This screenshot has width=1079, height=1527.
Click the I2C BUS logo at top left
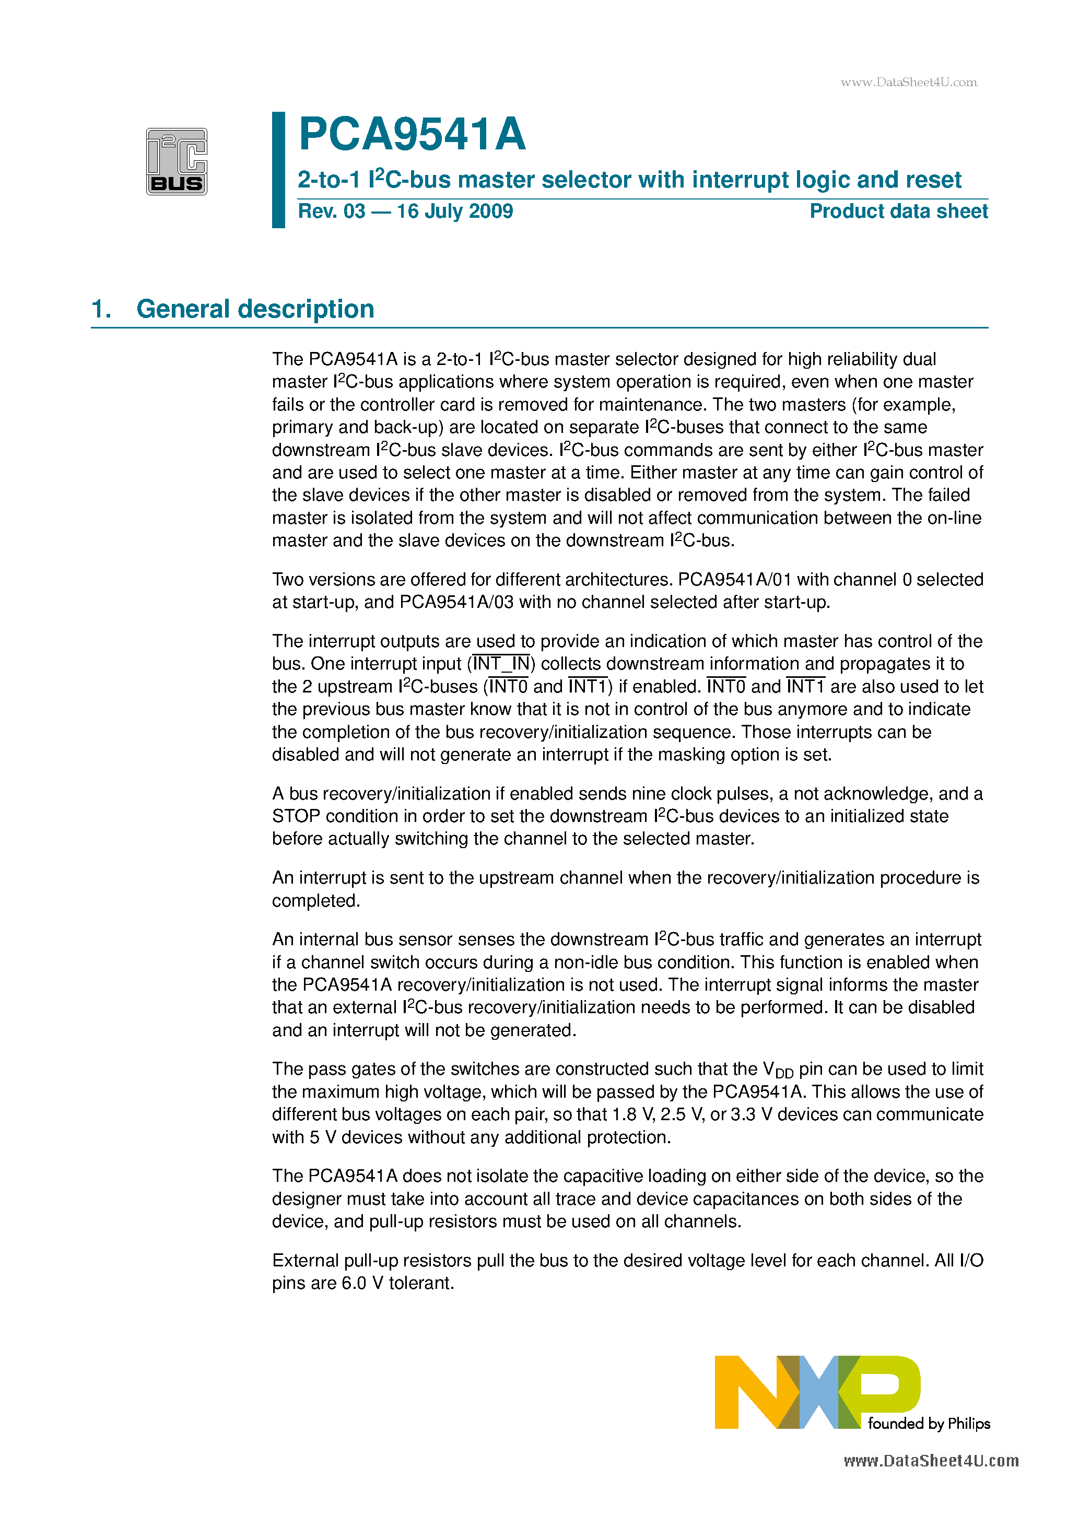pos(177,161)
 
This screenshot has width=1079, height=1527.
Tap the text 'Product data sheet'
pos(898,212)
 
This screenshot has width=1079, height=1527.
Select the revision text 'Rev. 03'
pos(331,212)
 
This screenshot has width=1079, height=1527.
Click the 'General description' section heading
pos(255,309)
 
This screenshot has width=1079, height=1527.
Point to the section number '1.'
pos(101,309)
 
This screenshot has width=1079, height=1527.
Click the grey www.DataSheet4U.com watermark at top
pos(908,83)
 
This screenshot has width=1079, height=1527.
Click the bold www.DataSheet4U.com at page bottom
pos(931,1461)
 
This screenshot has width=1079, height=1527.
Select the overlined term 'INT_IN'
pos(501,664)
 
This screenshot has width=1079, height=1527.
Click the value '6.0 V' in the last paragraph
pos(362,1284)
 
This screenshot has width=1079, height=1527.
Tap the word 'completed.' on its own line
pos(316,901)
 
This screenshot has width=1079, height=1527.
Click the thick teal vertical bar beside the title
pos(279,170)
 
